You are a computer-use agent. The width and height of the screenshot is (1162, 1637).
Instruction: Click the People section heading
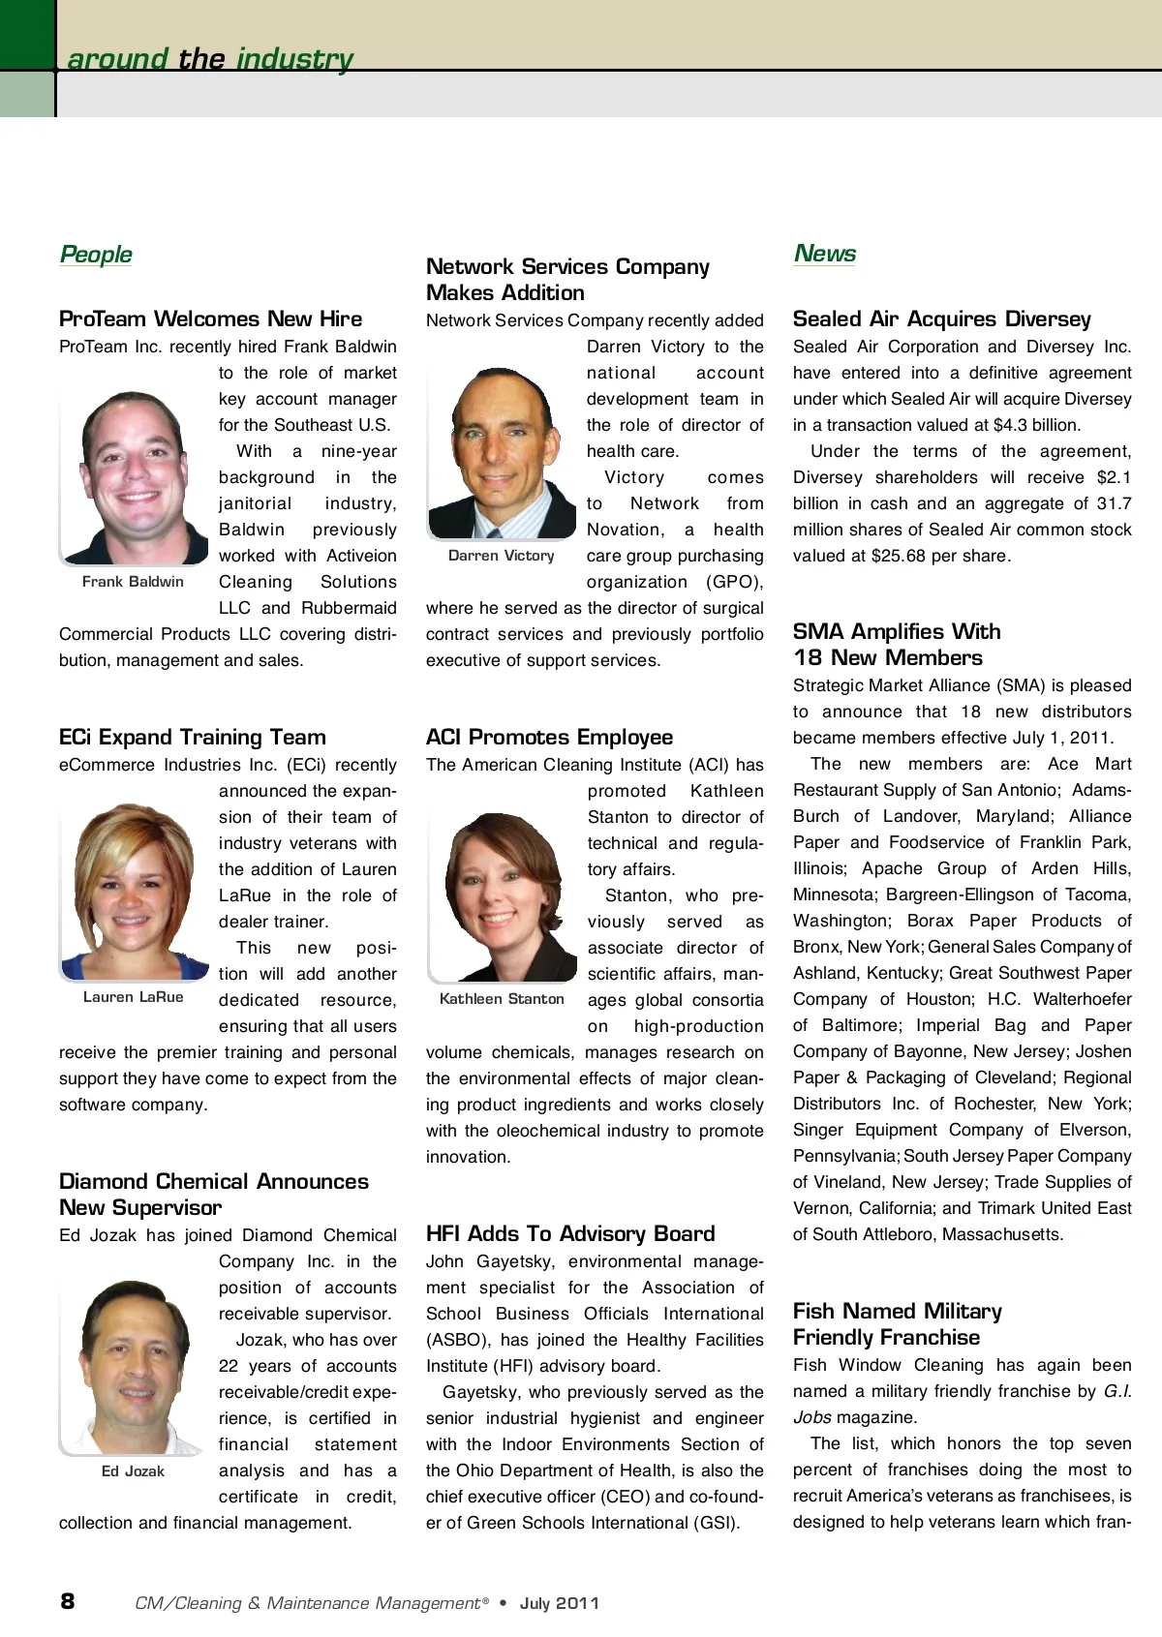coord(96,255)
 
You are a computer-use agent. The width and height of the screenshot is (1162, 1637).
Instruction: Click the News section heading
coord(825,254)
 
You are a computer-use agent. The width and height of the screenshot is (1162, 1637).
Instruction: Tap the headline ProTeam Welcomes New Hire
coord(210,318)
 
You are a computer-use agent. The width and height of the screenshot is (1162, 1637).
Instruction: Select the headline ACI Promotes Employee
coord(549,737)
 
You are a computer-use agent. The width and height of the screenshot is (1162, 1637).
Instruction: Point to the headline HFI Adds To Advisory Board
coord(570,1233)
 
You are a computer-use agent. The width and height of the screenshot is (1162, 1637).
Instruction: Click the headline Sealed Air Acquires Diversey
coord(941,318)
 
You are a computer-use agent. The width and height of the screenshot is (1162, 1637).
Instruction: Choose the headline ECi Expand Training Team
coord(192,737)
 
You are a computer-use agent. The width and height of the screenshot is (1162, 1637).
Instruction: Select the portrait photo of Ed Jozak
coord(134,1365)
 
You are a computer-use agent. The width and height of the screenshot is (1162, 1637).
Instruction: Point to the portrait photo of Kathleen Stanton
coord(502,896)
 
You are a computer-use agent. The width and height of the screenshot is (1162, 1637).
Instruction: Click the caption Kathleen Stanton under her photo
coord(502,999)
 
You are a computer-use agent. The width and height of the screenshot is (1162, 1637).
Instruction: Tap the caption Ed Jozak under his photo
coord(133,1471)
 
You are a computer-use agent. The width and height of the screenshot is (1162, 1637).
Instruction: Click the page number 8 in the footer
coord(67,1601)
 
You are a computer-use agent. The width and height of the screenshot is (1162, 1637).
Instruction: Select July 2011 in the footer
coord(560,1603)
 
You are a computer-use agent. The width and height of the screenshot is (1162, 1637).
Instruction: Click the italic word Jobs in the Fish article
coord(812,1417)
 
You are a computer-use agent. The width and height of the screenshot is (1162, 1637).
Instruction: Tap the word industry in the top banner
coord(295,59)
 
